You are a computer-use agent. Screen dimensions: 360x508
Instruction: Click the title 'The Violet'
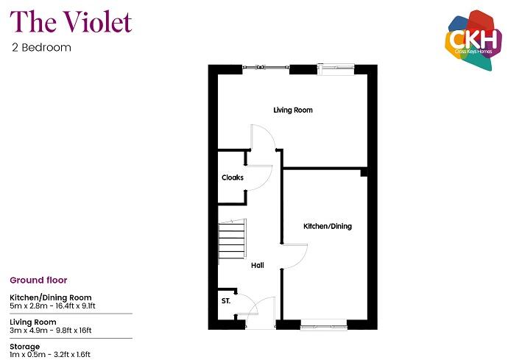[x=71, y=22]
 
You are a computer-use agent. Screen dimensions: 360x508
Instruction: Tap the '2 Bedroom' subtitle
[x=41, y=48]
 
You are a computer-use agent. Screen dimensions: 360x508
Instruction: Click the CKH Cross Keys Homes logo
[x=470, y=40]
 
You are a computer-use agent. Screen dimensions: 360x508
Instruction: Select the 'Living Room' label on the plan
[x=292, y=110]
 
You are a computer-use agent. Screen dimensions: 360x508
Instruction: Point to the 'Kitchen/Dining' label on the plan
[x=328, y=226]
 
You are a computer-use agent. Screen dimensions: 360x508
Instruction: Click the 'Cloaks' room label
[x=233, y=177]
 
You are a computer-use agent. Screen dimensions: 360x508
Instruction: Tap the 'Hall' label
[x=257, y=265]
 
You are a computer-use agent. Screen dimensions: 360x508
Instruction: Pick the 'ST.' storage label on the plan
[x=226, y=301]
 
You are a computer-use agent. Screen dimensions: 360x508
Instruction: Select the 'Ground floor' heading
[x=38, y=280]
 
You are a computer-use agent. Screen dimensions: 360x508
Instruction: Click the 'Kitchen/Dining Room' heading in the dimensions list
[x=50, y=297]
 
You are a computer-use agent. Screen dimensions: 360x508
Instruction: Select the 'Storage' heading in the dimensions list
[x=25, y=346]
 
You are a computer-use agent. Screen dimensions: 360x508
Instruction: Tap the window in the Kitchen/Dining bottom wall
[x=324, y=322]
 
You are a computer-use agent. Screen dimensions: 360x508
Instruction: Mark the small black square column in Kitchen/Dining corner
[x=364, y=173]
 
